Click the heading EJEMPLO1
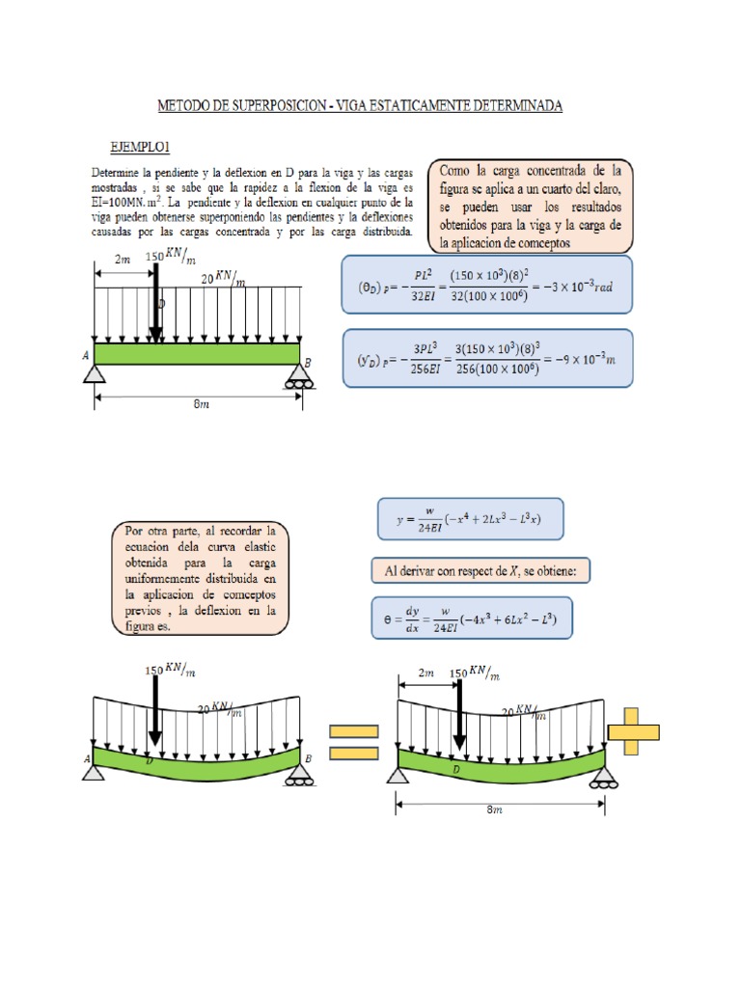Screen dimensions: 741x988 click(140, 146)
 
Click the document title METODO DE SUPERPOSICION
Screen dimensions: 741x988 click(359, 105)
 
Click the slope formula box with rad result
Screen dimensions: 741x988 click(486, 284)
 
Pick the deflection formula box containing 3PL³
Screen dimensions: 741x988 click(487, 357)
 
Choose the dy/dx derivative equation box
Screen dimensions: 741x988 click(472, 617)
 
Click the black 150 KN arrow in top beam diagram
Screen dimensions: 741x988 click(155, 301)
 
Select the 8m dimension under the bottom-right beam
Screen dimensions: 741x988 click(498, 810)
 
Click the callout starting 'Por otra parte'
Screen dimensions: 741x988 click(200, 580)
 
